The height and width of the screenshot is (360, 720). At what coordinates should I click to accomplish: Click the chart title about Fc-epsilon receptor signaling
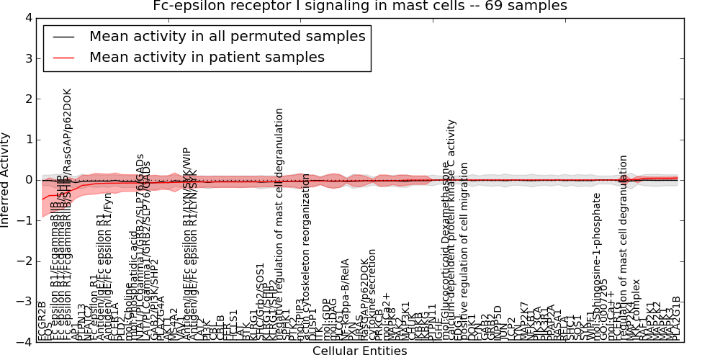(360, 6)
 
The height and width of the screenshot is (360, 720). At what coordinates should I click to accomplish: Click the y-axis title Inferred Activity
(6, 179)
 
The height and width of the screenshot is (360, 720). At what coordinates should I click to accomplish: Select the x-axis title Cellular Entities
(359, 351)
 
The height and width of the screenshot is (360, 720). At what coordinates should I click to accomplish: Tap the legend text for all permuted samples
(227, 36)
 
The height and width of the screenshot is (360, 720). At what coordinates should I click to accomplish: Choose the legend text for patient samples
(207, 57)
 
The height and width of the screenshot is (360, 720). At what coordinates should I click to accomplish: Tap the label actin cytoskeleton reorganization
(307, 256)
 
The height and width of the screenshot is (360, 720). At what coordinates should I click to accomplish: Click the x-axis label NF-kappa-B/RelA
(345, 299)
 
